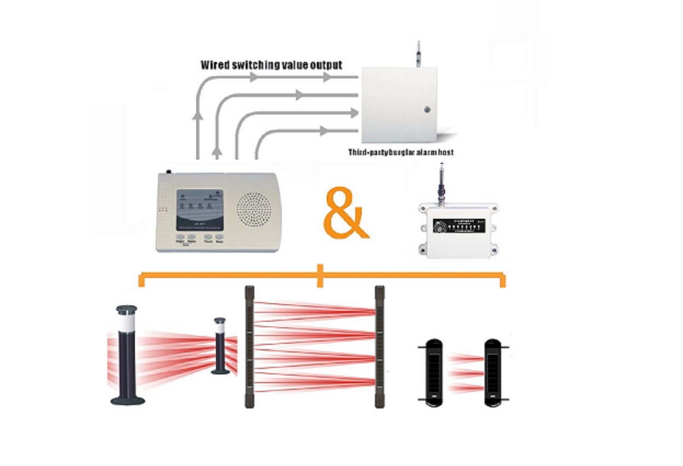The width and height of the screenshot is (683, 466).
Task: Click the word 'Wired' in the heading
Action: pos(215,65)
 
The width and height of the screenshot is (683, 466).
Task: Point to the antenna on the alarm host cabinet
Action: pos(418,53)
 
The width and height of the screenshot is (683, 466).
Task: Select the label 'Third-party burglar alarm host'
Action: pos(401,152)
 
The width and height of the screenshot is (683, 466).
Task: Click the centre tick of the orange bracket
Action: pos(321,276)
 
